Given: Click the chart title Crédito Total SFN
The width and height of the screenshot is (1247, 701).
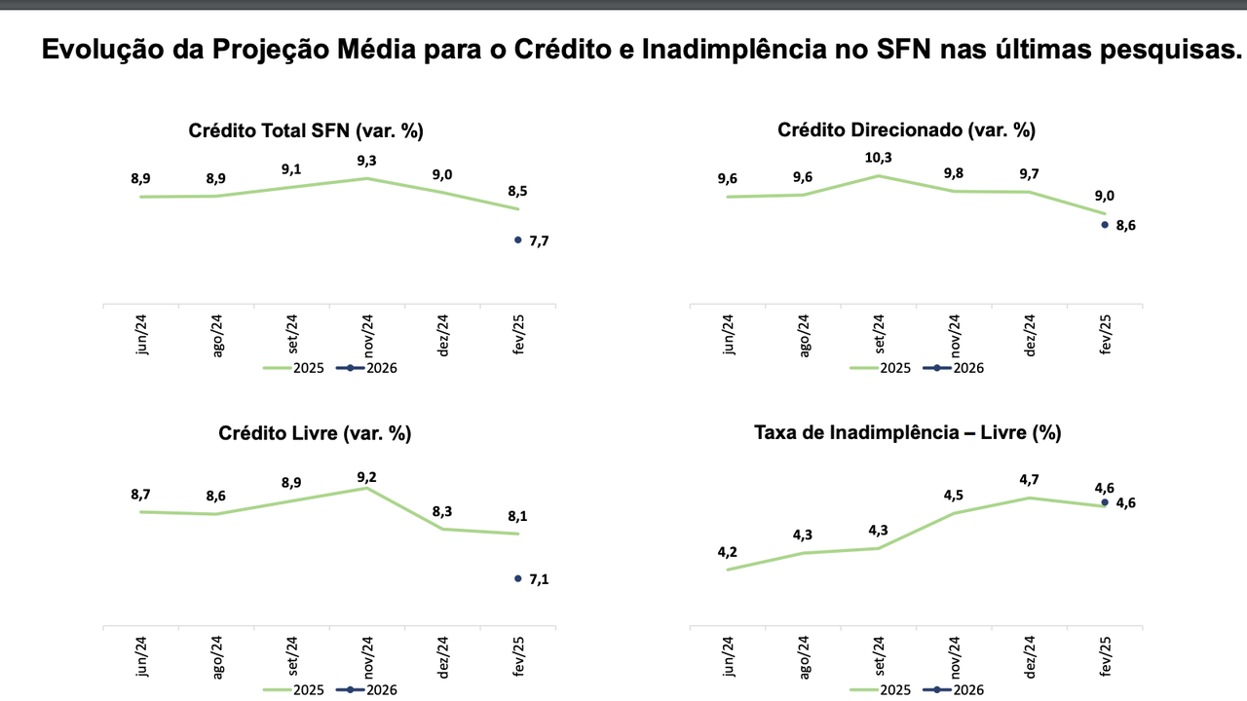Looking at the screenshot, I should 306,130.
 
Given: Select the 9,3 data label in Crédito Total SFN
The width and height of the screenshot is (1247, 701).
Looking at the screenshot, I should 366,161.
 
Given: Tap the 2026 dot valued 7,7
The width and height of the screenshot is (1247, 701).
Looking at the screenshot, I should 518,240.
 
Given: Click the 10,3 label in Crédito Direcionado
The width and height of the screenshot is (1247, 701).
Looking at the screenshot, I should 880,158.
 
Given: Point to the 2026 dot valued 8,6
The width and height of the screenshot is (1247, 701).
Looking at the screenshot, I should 1105,225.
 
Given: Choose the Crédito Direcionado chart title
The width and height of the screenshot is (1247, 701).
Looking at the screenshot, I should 906,130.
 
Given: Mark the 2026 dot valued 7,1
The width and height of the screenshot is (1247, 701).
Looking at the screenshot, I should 518,578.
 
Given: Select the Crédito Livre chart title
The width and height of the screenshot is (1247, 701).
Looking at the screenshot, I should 315,434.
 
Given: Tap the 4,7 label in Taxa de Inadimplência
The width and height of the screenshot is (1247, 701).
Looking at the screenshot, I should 1030,480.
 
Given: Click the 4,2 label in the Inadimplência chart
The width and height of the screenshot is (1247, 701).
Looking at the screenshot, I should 728,552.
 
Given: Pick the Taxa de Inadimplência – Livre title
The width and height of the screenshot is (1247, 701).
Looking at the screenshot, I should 907,434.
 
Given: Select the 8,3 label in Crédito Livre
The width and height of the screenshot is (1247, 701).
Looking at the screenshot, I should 442,511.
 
